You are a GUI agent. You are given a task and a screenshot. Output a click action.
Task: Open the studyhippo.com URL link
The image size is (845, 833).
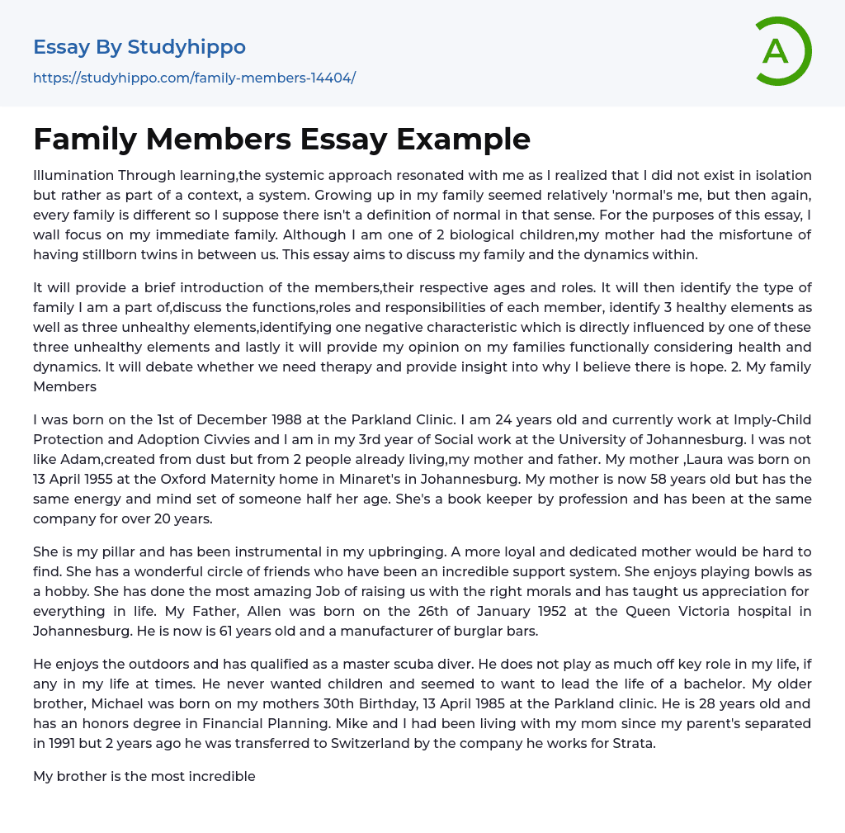(194, 78)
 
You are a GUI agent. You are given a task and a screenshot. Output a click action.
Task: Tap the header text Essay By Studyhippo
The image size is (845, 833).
(139, 47)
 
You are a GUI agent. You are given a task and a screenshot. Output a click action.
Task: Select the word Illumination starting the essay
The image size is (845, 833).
(73, 175)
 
